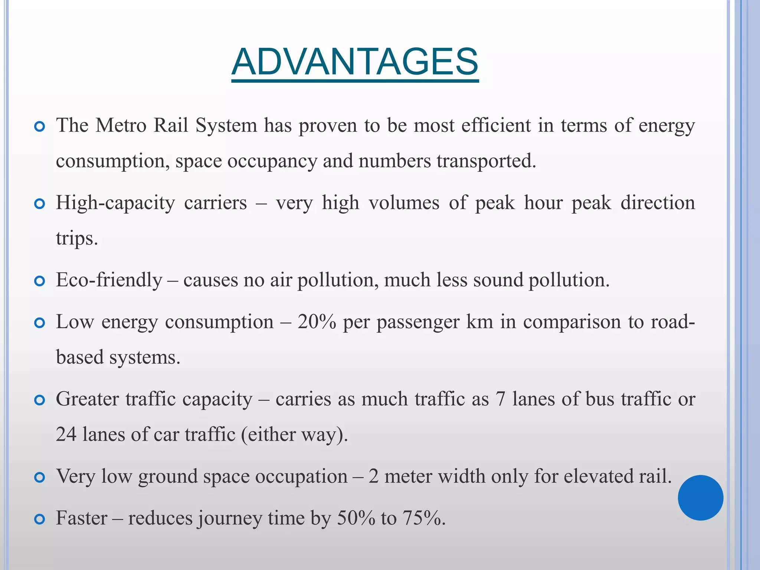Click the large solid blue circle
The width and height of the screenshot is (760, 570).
700,498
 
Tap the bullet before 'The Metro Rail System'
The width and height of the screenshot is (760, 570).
39,127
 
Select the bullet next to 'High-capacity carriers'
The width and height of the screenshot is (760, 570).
39,204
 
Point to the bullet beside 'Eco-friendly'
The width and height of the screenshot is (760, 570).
39,281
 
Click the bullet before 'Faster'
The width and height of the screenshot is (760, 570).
39,519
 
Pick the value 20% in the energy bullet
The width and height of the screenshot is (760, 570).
317,322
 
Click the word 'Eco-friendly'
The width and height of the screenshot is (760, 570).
109,280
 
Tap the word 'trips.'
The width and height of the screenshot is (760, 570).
77,238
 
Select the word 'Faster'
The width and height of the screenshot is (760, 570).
81,518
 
